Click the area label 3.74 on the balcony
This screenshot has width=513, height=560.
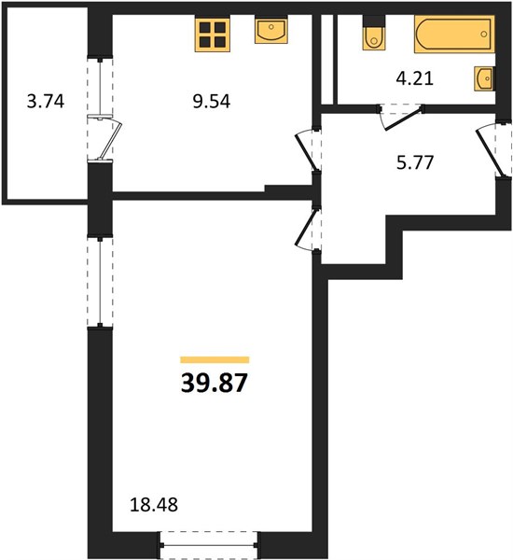(x=46, y=102)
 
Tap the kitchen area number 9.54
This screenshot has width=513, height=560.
(x=212, y=102)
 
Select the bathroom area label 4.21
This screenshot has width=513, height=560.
(x=415, y=78)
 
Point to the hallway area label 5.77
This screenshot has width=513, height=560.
(x=415, y=162)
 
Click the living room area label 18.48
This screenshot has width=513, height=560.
(x=154, y=505)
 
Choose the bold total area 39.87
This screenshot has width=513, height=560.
(x=215, y=383)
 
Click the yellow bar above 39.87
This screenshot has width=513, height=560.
(x=215, y=359)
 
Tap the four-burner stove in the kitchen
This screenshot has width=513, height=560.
(x=212, y=34)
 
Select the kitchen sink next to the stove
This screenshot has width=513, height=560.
(x=271, y=32)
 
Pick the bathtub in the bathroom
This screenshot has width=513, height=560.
(x=454, y=35)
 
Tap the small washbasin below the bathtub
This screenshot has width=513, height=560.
(x=484, y=78)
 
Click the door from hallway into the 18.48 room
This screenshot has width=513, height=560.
(x=306, y=228)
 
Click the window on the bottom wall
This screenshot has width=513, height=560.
(x=208, y=545)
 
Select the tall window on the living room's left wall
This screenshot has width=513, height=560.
(x=101, y=282)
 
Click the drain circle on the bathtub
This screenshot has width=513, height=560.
(x=484, y=35)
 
